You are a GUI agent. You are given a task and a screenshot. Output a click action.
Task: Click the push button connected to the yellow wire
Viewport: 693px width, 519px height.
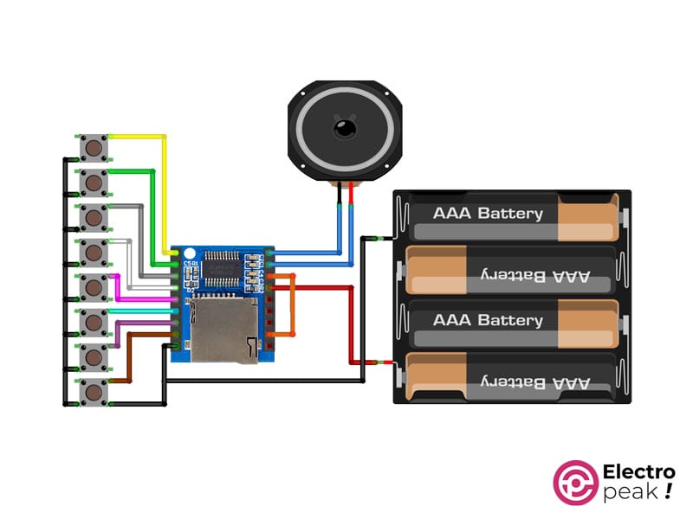point(94,148)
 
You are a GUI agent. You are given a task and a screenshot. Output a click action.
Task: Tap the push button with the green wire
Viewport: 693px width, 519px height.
point(94,183)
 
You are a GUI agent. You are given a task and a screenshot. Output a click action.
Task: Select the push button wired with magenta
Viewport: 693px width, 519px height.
point(94,286)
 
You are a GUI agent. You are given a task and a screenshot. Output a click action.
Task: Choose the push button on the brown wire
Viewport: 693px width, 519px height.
point(94,392)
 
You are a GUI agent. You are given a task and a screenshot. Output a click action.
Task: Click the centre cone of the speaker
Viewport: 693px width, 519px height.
point(345,130)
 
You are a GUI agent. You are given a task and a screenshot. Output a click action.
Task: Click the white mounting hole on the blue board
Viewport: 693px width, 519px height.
point(189,254)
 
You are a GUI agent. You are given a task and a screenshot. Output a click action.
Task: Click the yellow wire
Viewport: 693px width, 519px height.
point(164,190)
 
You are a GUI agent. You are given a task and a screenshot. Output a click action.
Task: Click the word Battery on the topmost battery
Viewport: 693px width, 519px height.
point(510,214)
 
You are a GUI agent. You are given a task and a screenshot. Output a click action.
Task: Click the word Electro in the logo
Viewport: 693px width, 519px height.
point(638,473)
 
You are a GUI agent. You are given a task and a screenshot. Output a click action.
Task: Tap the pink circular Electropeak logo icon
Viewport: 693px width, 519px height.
point(575,482)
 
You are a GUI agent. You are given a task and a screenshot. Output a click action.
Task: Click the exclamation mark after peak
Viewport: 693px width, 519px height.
point(668,492)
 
